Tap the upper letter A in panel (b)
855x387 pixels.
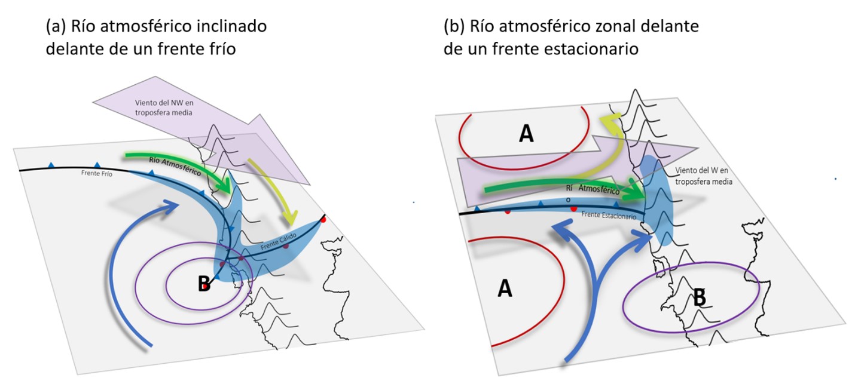(526, 134)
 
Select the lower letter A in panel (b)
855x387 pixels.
(505, 289)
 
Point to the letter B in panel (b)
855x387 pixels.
(700, 296)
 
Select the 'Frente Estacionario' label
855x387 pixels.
(609, 216)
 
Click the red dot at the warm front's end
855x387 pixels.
(323, 219)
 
